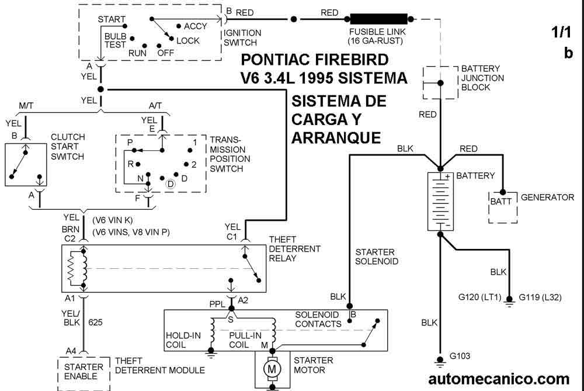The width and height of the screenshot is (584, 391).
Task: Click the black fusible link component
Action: [x=378, y=19]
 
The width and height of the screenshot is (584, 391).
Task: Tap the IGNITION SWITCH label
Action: [x=242, y=38]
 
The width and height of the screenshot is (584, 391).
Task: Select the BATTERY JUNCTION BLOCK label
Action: [x=482, y=78]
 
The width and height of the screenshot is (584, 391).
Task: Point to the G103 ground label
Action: [x=460, y=355]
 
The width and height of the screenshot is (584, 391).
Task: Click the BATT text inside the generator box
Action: [x=501, y=202]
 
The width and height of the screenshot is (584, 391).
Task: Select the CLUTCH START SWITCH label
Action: [x=68, y=147]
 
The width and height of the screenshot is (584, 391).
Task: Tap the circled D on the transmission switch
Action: [x=170, y=184]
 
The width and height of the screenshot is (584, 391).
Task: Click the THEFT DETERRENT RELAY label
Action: [x=294, y=249]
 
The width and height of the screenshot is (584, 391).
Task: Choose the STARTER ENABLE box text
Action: [x=84, y=371]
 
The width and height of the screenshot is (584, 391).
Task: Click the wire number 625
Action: [x=95, y=321]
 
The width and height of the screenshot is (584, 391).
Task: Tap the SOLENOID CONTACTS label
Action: [x=318, y=319]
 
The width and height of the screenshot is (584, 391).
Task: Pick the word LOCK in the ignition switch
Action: [x=187, y=40]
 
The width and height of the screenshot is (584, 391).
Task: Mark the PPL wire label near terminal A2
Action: [x=217, y=304]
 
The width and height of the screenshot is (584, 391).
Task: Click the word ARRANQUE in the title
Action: [x=335, y=137]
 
